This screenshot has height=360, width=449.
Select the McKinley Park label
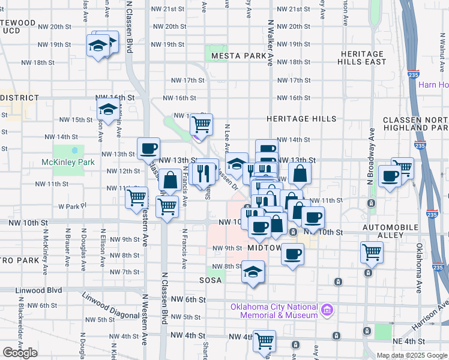[x=68, y=162]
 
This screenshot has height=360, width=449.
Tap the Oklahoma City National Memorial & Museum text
[x=274, y=311]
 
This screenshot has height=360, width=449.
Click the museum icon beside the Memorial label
[x=327, y=310]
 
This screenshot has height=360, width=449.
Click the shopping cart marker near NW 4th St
[x=264, y=341]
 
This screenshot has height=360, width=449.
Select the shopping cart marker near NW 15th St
[x=202, y=124]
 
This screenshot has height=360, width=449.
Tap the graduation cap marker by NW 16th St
[x=108, y=109]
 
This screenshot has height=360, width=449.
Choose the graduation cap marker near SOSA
[x=253, y=271]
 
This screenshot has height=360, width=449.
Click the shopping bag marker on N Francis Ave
[x=171, y=179]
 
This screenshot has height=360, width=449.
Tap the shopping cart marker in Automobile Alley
[x=372, y=251]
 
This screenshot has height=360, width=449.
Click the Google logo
[x=20, y=353]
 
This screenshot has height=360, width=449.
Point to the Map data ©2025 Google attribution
[x=412, y=355]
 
